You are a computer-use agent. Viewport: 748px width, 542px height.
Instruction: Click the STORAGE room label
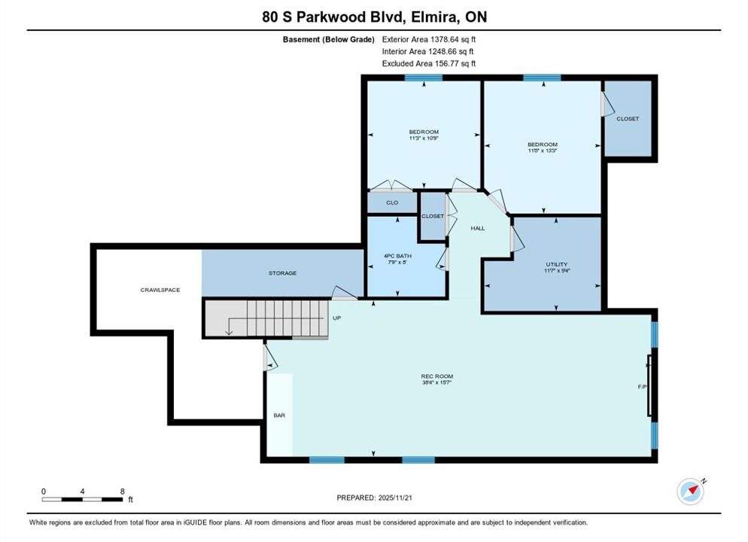point(282,273)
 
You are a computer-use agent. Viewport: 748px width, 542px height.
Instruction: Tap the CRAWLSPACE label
point(160,290)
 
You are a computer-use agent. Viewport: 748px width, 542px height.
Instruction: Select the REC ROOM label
point(437,376)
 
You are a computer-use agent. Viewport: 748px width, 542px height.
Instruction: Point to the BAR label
point(279,415)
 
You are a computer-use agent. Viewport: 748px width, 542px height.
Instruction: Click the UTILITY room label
point(557,263)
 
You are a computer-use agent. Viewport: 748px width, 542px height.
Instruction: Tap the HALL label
point(478,228)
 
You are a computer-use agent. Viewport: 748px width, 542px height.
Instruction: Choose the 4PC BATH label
point(397,256)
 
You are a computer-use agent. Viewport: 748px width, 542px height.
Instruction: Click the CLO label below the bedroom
point(392,202)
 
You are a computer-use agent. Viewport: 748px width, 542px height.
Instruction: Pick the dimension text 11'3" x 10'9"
point(424,139)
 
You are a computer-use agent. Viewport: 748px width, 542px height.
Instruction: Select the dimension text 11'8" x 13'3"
point(543,151)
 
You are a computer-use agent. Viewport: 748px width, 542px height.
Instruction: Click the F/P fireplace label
point(642,387)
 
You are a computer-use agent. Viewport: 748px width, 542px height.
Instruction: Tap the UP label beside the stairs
point(337,318)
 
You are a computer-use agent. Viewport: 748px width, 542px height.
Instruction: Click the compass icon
point(690,491)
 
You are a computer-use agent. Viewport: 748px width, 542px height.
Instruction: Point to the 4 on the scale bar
point(83,492)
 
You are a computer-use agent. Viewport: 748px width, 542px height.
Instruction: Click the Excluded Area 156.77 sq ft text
point(429,63)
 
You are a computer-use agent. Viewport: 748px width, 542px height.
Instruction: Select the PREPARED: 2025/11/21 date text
point(375,498)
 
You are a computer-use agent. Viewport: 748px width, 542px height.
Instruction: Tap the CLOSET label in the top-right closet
point(628,118)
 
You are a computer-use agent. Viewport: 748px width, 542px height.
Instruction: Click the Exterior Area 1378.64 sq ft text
point(429,40)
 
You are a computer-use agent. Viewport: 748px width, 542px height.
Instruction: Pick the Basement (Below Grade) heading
point(329,40)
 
